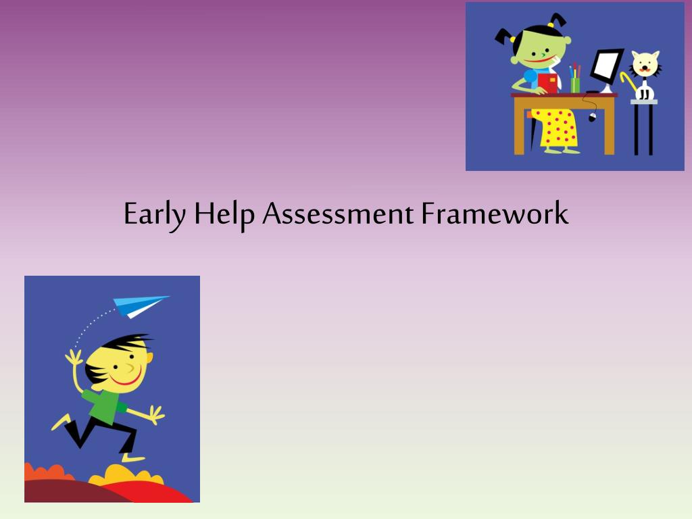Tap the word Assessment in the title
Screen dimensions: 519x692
coord(337,215)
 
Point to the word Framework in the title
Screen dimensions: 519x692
coord(495,215)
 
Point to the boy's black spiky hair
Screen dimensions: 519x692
coord(118,345)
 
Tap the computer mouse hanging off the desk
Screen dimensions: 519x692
coord(593,118)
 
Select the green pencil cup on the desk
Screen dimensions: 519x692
coord(575,85)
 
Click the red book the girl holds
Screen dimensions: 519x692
coord(547,82)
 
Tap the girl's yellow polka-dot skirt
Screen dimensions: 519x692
coord(558,128)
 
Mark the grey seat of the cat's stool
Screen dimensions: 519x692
coord(643,101)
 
